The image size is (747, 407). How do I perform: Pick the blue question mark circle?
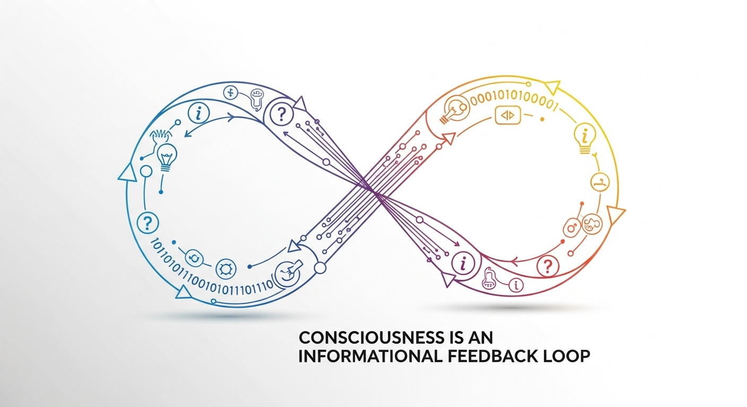[148, 222]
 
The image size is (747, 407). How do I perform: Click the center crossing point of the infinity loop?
[373, 191]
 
